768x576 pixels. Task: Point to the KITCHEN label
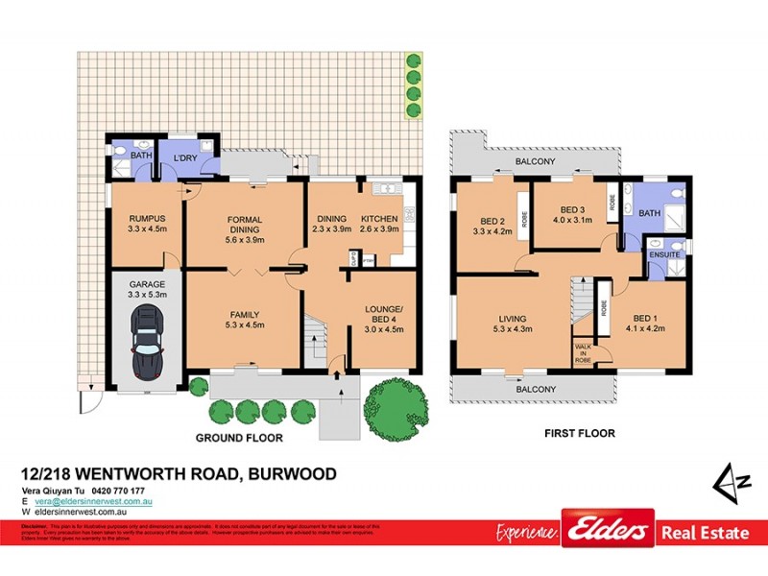click(378, 218)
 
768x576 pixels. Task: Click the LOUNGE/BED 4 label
click(381, 315)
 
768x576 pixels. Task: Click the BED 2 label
click(487, 218)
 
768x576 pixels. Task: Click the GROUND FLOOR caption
click(239, 438)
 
